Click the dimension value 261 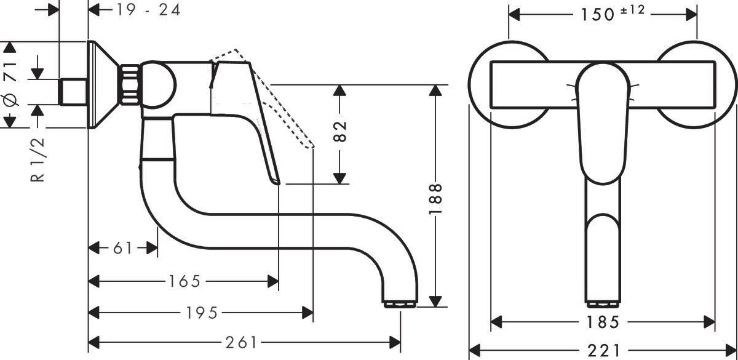pyautogui.click(x=242, y=343)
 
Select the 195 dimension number pyautogui.click(x=202, y=313)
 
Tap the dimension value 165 pyautogui.click(x=184, y=282)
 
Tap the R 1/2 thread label pyautogui.click(x=38, y=160)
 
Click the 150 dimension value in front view pyautogui.click(x=598, y=14)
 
